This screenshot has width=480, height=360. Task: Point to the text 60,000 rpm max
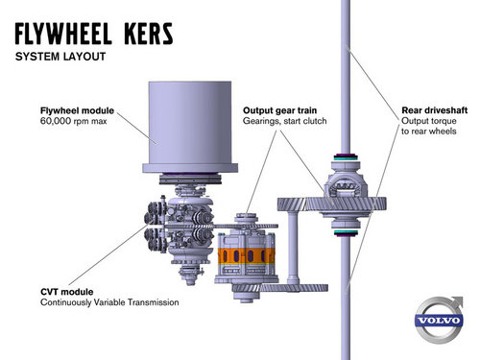pyautogui.click(x=71, y=123)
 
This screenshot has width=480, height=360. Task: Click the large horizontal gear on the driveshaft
pyautogui.click(x=331, y=204)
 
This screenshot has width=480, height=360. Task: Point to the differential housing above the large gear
pyautogui.click(x=343, y=177)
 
